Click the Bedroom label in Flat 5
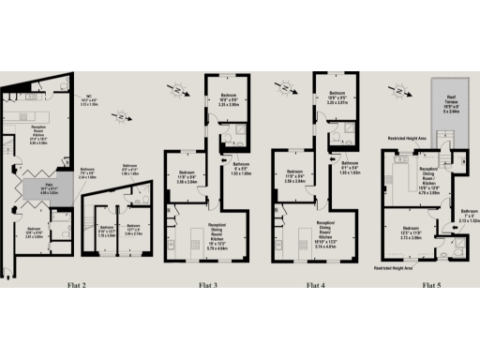(411, 232)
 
